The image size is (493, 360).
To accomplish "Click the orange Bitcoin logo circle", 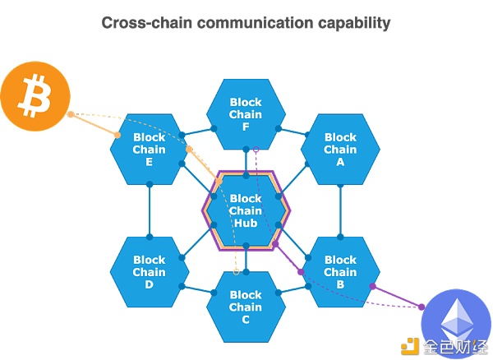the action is coord(35,96).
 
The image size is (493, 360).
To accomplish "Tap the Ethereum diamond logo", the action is coord(457,321).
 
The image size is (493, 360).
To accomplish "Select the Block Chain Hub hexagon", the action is coord(246,210).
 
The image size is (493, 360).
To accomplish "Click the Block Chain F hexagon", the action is coord(246,114).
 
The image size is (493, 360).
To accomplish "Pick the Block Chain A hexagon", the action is coord(340,150).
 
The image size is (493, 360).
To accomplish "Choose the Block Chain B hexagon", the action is coord(340,272).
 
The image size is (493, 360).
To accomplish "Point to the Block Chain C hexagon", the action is coord(246,307).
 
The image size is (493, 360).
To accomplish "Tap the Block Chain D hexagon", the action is coord(150,272).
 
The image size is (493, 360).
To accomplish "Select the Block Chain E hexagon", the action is coord(150,150).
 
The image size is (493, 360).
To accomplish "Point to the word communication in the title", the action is coord(255,23).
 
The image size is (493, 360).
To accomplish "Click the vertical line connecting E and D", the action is coord(150,210).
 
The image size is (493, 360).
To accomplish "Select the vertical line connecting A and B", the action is coord(340,210).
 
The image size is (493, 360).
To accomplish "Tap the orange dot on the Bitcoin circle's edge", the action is coord(71,114).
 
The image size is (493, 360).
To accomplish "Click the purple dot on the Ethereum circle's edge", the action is coord(422,307).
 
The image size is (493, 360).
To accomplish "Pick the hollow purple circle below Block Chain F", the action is coord(256,150).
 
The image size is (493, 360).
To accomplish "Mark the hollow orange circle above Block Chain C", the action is coord(237,272).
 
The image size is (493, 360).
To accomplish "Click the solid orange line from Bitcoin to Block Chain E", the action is coord(94,125).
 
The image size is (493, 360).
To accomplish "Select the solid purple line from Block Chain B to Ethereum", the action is coord(397,297).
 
